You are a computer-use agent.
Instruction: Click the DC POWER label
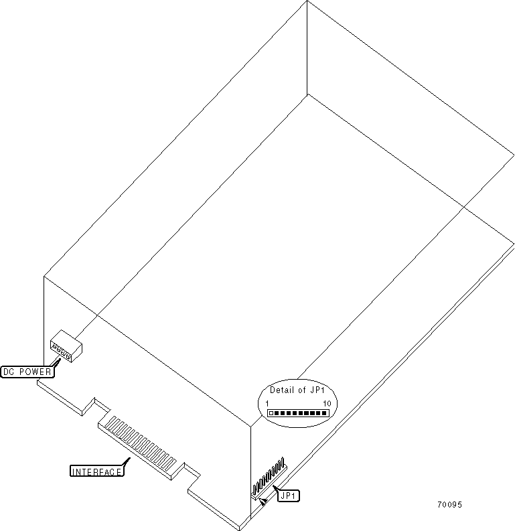25,372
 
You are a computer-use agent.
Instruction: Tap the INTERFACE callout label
97,471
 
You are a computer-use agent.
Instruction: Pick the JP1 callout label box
290,496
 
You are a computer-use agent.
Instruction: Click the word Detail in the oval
282,390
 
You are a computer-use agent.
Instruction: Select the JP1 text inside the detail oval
316,390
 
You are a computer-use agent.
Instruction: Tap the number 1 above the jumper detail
268,403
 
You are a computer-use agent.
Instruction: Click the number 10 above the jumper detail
327,403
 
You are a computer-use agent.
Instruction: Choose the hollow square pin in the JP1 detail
271,413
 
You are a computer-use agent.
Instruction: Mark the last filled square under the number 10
325,413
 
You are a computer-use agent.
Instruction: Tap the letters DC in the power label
9,372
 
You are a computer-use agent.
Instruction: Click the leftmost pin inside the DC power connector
54,346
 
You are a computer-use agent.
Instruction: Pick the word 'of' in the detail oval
301,390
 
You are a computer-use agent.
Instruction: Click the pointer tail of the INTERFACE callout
127,461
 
